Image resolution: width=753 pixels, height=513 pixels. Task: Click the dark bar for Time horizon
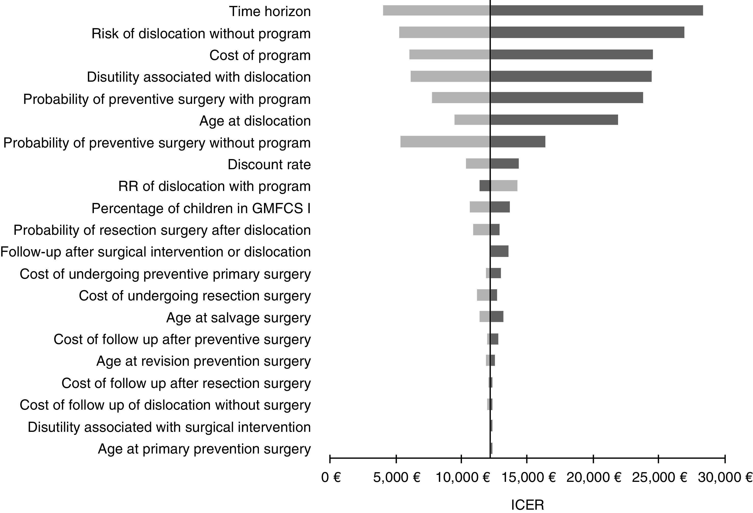[596, 10]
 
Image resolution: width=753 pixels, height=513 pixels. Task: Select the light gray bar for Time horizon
[436, 10]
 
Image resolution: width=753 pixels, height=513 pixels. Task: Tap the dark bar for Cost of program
[571, 54]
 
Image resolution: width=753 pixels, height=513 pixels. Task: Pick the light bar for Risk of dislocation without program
[444, 32]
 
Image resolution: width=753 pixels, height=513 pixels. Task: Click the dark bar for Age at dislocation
[554, 120]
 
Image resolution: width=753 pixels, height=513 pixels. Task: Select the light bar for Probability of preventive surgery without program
[445, 142]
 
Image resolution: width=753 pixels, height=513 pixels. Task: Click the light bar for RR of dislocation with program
[504, 186]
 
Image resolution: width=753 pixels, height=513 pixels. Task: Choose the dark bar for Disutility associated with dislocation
[571, 76]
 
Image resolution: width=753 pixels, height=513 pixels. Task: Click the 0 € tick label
[331, 477]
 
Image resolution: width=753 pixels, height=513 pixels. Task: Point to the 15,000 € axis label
[529, 477]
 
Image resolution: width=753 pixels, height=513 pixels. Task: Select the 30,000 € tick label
[725, 477]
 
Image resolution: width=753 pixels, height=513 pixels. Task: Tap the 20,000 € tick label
[594, 477]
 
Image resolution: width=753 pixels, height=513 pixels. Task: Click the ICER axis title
[528, 505]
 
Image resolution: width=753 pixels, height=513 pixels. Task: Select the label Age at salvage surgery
[238, 317]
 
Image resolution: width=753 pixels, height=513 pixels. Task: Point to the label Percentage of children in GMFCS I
[201, 208]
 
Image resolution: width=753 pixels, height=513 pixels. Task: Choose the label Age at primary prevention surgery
[204, 449]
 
